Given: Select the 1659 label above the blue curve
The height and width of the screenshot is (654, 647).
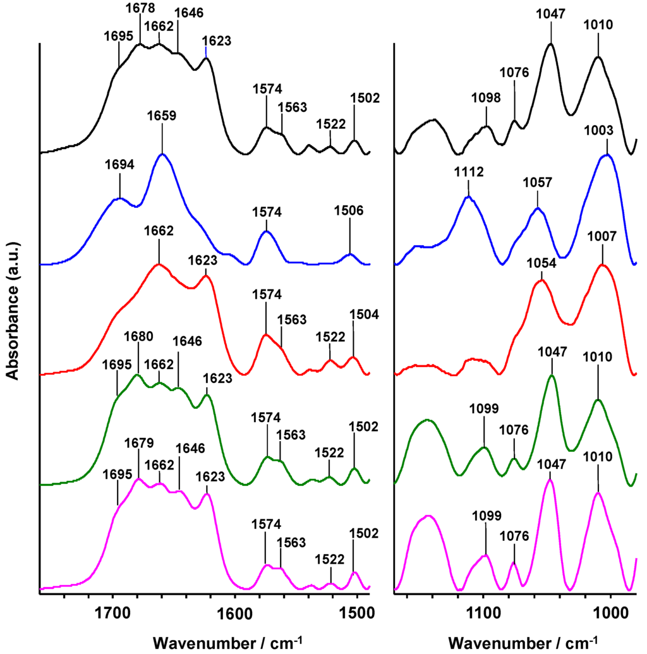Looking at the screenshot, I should (162, 116).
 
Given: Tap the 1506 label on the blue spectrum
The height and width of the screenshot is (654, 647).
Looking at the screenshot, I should (349, 212).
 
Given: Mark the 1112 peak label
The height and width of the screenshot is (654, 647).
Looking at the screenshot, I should (468, 172).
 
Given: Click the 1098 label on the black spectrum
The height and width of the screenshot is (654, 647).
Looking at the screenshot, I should (487, 99).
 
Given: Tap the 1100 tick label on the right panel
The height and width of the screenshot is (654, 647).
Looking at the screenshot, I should (483, 612).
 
